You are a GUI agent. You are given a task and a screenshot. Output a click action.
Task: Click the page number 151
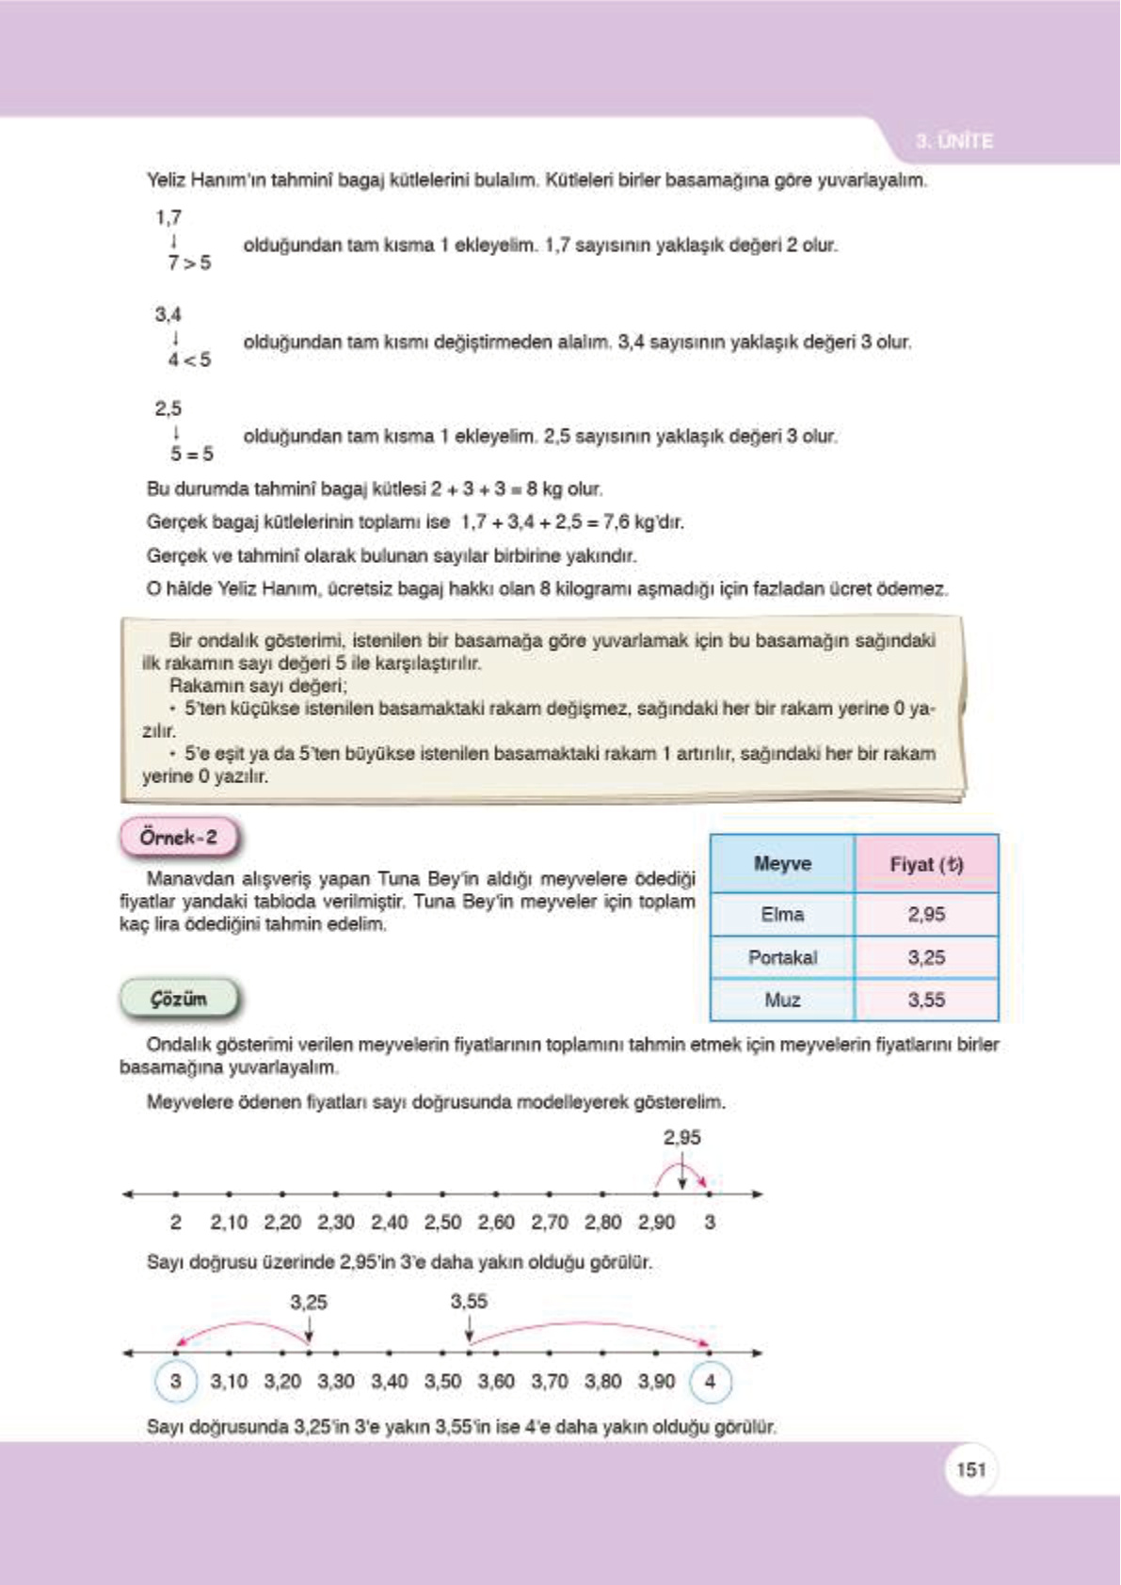click(x=970, y=1469)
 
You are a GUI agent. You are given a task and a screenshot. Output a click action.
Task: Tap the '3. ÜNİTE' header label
click(x=953, y=141)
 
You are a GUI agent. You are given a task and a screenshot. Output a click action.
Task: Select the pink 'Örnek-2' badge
click(x=179, y=837)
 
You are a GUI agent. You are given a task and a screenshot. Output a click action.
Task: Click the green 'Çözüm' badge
click(x=179, y=999)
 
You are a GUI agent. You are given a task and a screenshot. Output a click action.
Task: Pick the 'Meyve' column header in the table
click(x=782, y=863)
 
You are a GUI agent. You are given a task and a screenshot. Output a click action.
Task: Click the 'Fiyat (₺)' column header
click(x=926, y=863)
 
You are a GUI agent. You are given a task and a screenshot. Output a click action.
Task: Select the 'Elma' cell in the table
click(x=782, y=914)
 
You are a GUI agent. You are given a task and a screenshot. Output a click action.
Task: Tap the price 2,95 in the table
click(x=926, y=914)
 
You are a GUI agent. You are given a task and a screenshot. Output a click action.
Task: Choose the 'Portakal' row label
click(x=782, y=957)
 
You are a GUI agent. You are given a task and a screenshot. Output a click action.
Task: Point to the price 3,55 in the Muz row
click(x=926, y=1000)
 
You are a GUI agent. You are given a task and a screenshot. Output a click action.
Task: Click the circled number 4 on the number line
click(x=710, y=1381)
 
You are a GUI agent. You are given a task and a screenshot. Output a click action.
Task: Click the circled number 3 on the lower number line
click(x=175, y=1381)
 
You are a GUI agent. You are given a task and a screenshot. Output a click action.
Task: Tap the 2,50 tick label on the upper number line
click(x=442, y=1222)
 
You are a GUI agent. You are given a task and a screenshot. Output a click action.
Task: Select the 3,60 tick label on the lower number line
click(x=496, y=1381)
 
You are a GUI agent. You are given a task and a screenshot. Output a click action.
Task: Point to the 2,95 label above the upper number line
click(x=681, y=1137)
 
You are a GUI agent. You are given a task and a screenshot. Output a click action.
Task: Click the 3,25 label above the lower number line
click(x=309, y=1302)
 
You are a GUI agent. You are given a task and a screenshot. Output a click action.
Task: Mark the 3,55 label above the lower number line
click(x=469, y=1301)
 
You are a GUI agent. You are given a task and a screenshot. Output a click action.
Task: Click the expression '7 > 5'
click(x=189, y=263)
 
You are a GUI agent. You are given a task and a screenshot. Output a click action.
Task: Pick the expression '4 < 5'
click(x=189, y=360)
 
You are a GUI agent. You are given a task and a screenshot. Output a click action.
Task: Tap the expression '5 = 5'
click(x=191, y=454)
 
